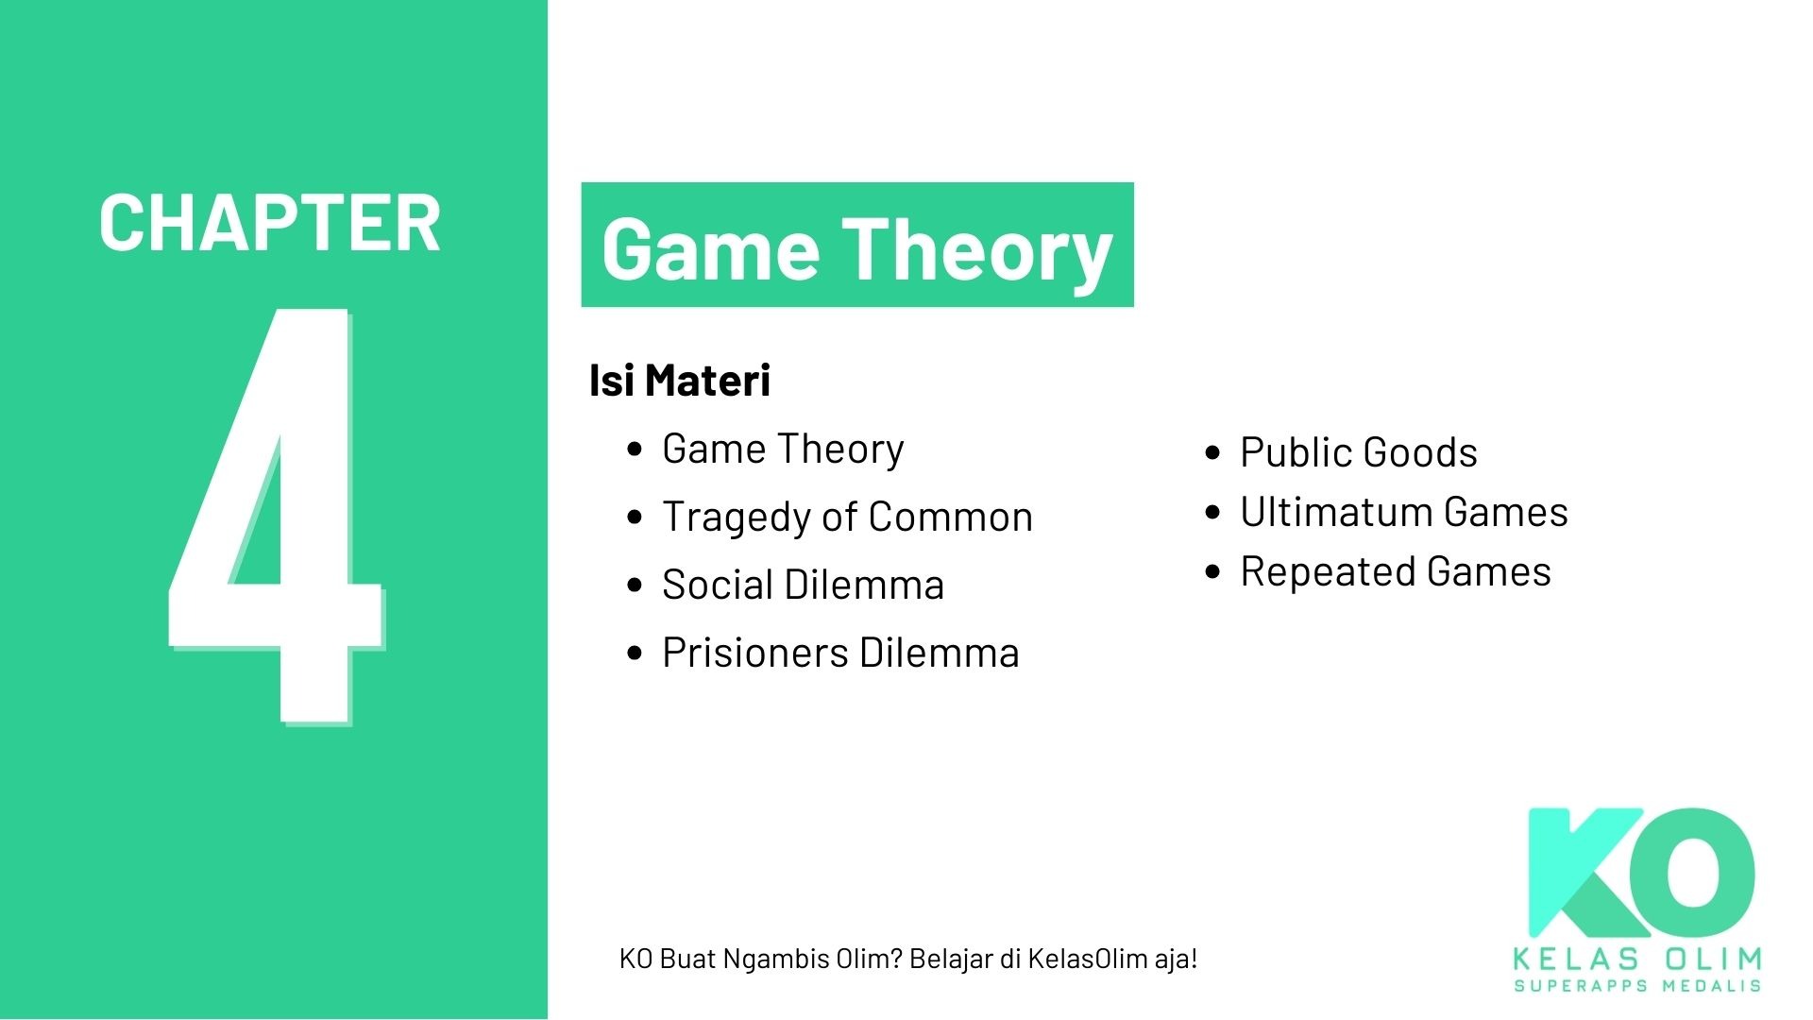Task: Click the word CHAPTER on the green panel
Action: [x=270, y=224]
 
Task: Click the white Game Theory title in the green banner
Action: [x=856, y=248]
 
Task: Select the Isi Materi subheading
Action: [x=680, y=381]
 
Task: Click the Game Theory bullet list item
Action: [x=783, y=449]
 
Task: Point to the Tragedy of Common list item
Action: [x=847, y=517]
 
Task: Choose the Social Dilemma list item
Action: [x=803, y=585]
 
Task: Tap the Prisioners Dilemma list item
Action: [x=840, y=653]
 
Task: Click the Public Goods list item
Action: [x=1358, y=452]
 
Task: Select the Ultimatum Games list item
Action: [x=1403, y=512]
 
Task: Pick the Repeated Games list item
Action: [x=1395, y=571]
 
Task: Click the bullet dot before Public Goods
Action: [x=1213, y=453]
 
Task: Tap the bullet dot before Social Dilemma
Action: [x=635, y=586]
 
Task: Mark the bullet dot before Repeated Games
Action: [x=1213, y=572]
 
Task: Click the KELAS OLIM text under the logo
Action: [x=1637, y=960]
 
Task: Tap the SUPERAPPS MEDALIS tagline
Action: [x=1637, y=986]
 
